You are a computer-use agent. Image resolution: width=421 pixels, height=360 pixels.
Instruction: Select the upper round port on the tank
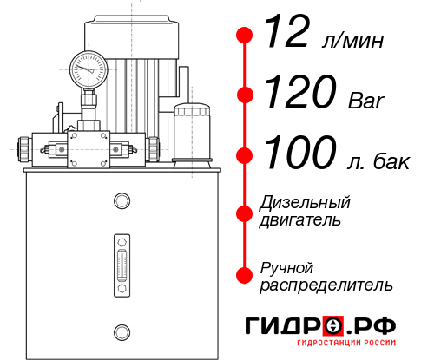(x=122, y=202)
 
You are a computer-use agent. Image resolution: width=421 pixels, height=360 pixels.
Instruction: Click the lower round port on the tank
(x=122, y=330)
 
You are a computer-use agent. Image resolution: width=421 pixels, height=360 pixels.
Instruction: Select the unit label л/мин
(x=351, y=40)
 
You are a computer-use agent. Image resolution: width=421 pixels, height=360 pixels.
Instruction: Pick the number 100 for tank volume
(x=300, y=154)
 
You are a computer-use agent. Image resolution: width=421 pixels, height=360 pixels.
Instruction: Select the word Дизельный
(x=306, y=203)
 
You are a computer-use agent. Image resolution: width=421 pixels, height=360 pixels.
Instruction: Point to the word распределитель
(x=326, y=284)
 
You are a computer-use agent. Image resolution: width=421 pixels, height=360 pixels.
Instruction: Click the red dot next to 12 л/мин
(x=245, y=36)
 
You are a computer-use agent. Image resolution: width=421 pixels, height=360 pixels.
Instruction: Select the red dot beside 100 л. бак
(x=245, y=155)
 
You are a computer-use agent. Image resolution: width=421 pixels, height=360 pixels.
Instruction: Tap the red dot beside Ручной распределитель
(x=245, y=275)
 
